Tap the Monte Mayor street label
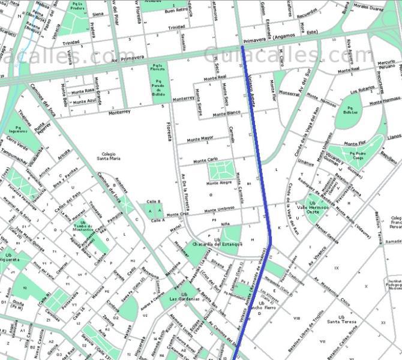pos(200,138)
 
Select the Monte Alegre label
pos(220,182)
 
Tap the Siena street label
pos(97,13)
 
